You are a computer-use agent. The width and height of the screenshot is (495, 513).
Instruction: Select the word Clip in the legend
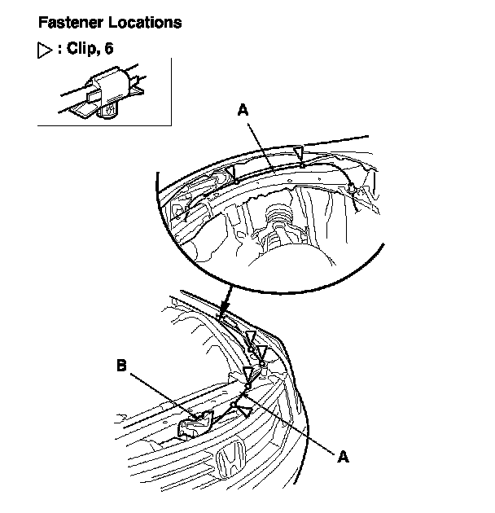(x=81, y=49)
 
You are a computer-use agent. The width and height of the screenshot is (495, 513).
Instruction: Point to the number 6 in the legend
(x=109, y=49)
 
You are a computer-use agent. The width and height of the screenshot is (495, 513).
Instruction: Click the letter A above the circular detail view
(x=242, y=109)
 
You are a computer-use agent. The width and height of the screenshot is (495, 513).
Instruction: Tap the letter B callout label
(x=121, y=367)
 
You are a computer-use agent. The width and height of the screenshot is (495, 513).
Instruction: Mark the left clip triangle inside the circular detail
(x=231, y=170)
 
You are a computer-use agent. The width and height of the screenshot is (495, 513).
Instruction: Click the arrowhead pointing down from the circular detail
(x=225, y=309)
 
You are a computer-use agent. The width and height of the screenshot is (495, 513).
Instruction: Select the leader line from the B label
(x=159, y=394)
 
